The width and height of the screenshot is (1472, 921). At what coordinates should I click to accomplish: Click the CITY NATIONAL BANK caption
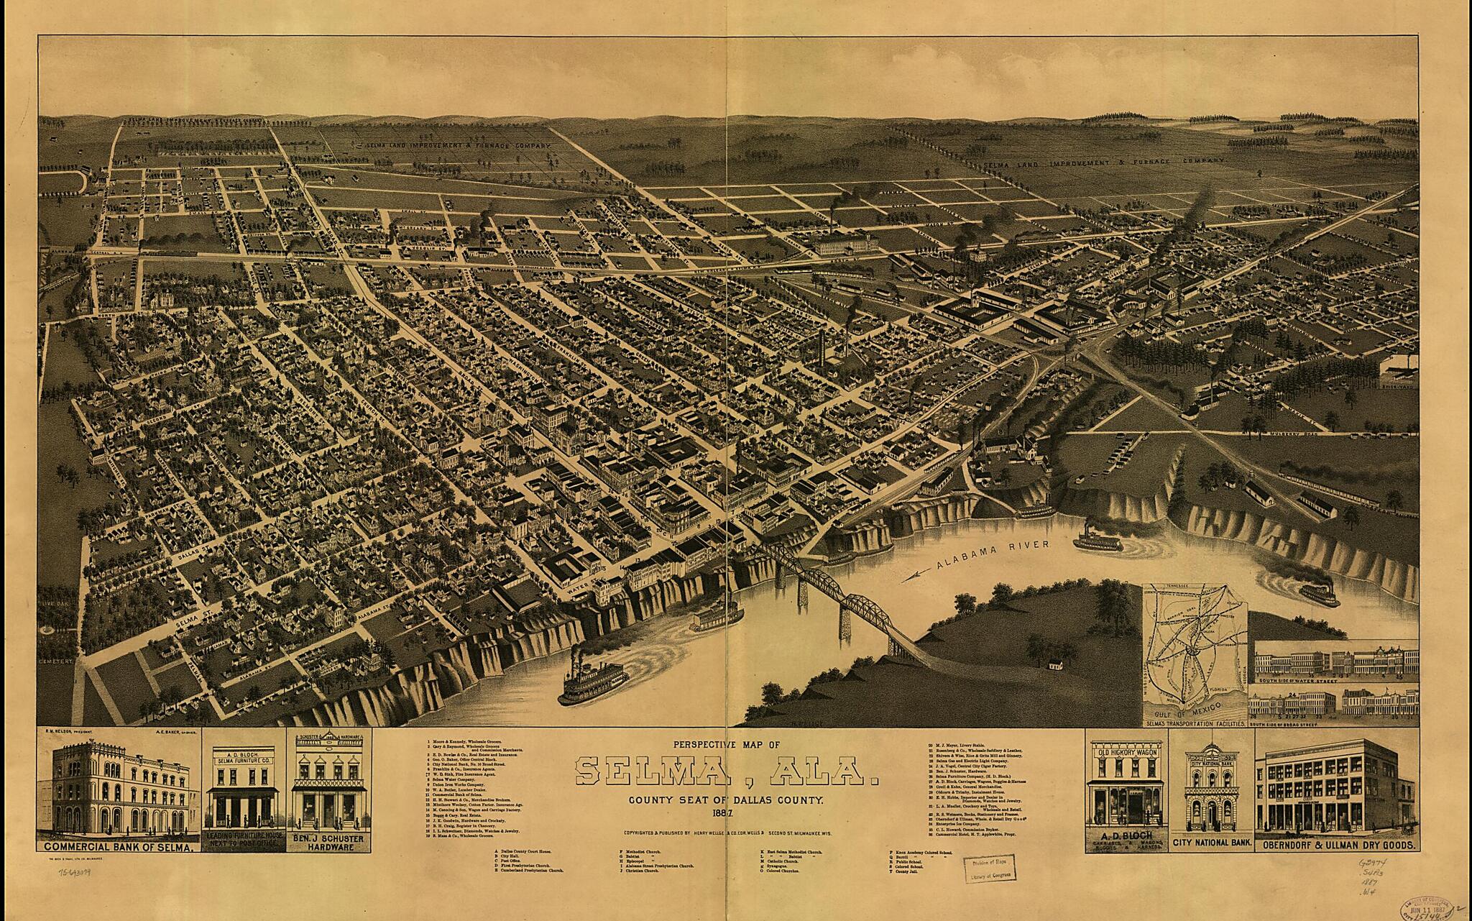1213,841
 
